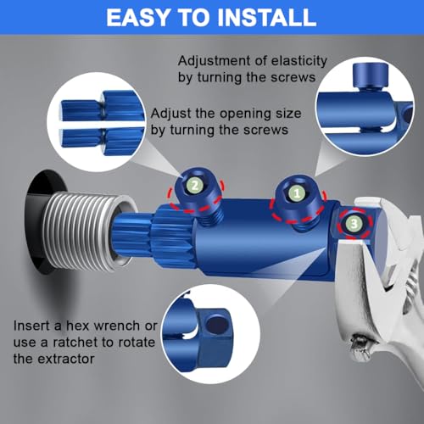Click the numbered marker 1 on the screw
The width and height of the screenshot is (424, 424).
pos(297,193)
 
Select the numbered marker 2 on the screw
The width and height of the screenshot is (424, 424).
pos(195,186)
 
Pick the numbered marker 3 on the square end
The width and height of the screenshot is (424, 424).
pos(354,224)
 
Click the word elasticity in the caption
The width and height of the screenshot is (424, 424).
pos(298,61)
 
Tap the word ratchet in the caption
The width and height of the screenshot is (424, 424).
pos(75,343)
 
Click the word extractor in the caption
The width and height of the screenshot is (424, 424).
pos(66,360)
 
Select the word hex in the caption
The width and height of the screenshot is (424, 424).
pos(77,326)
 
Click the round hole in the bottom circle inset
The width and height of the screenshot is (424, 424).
pos(216,325)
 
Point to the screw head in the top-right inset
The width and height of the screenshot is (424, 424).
pos(371,75)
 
